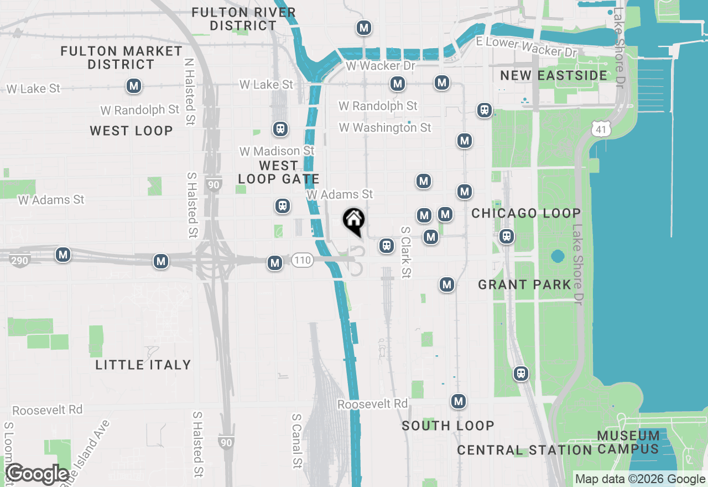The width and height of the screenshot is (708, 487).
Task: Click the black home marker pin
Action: coord(353,221)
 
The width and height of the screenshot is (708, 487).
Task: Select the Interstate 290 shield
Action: coord(20,260)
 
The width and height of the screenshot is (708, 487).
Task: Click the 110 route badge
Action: coord(303,260)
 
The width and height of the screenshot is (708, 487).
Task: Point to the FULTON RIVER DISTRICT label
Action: coord(243,19)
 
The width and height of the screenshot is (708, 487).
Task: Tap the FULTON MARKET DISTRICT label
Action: coord(121,58)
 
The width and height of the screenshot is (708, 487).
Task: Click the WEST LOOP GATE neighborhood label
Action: coord(278,172)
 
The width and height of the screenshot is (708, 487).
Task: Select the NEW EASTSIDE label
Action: coord(553,75)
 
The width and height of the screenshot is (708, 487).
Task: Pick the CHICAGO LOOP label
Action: coord(526,213)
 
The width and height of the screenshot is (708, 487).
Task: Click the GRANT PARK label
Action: coord(524,284)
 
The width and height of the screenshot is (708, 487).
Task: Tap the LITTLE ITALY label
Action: coord(143,365)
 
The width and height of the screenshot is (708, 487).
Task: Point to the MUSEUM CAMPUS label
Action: coord(628,442)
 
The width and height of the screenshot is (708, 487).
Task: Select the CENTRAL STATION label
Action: coord(524,450)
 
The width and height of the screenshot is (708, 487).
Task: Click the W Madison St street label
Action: coord(277,151)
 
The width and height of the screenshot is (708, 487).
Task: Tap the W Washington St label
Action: coord(385,127)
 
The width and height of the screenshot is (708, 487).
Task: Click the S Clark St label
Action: coord(407,252)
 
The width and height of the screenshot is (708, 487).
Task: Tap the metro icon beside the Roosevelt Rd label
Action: coord(458,401)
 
